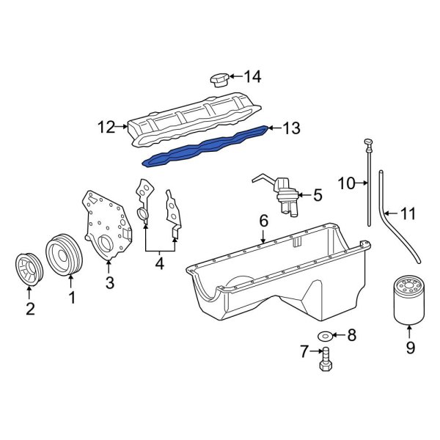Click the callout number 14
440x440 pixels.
click(x=252, y=76)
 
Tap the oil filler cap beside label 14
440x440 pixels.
click(x=219, y=79)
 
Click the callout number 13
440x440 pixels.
click(x=291, y=129)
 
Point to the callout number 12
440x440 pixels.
click(x=106, y=127)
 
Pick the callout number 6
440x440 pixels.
click(x=263, y=221)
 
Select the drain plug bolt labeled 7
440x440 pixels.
click(x=326, y=360)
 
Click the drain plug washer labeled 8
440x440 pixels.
click(x=323, y=337)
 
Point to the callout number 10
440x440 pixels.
click(x=346, y=183)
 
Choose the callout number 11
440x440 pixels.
click(x=408, y=214)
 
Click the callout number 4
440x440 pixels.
click(x=159, y=262)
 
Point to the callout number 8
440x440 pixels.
click(x=351, y=337)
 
